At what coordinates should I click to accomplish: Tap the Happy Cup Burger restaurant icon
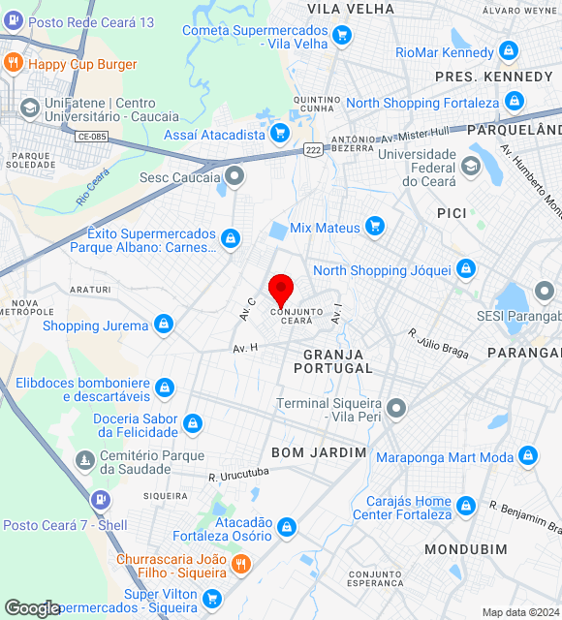point(14,64)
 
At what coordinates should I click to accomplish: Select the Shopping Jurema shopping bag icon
point(164,323)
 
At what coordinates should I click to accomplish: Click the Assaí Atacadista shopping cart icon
point(280,133)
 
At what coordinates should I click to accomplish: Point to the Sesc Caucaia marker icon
point(234,176)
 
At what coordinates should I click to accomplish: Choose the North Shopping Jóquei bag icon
point(466,268)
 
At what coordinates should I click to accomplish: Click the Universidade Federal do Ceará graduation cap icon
point(471,166)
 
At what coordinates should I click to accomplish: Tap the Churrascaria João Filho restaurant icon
point(241,563)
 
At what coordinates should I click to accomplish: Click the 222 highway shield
point(313,148)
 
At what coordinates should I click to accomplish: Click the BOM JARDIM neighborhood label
point(319,452)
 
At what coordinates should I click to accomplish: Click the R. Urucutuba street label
point(238,476)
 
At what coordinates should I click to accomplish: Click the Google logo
point(33,608)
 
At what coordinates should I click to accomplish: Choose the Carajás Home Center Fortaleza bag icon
point(466,506)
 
